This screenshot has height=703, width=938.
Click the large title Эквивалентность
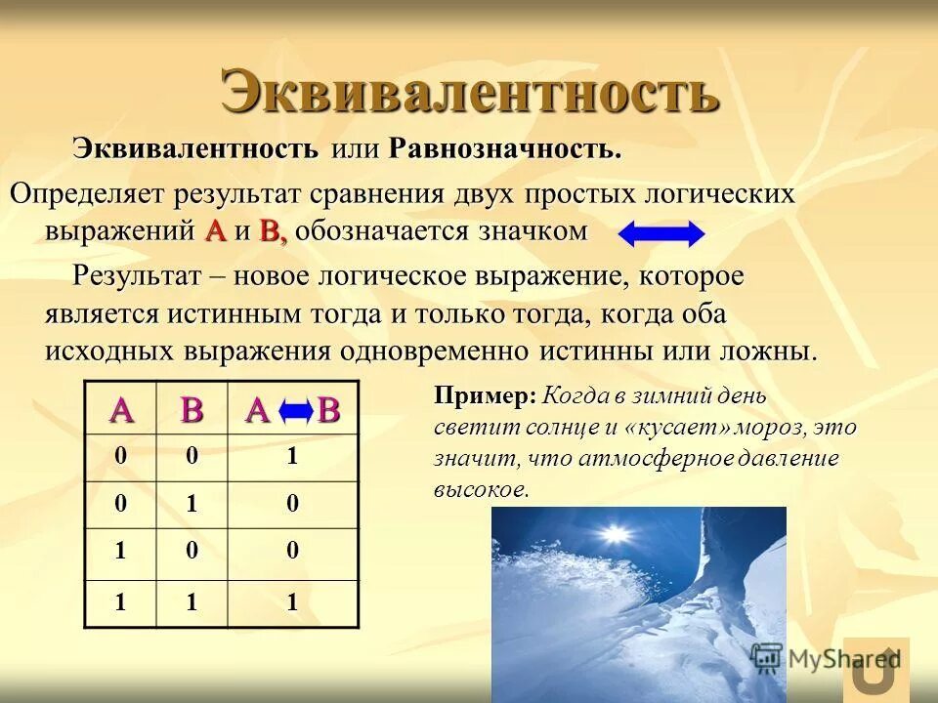470,93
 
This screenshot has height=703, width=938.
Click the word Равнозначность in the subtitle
504,149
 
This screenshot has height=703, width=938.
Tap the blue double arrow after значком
661,234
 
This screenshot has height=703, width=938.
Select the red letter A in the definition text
216,232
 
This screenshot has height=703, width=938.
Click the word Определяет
88,192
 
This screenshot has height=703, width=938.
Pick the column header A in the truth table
121,410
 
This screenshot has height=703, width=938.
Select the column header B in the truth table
192,410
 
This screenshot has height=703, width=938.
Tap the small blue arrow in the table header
295,412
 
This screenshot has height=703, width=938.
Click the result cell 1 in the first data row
291,456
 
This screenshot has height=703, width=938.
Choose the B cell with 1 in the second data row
192,505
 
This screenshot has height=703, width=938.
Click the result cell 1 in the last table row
291,603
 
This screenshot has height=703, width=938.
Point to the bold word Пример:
486,395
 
